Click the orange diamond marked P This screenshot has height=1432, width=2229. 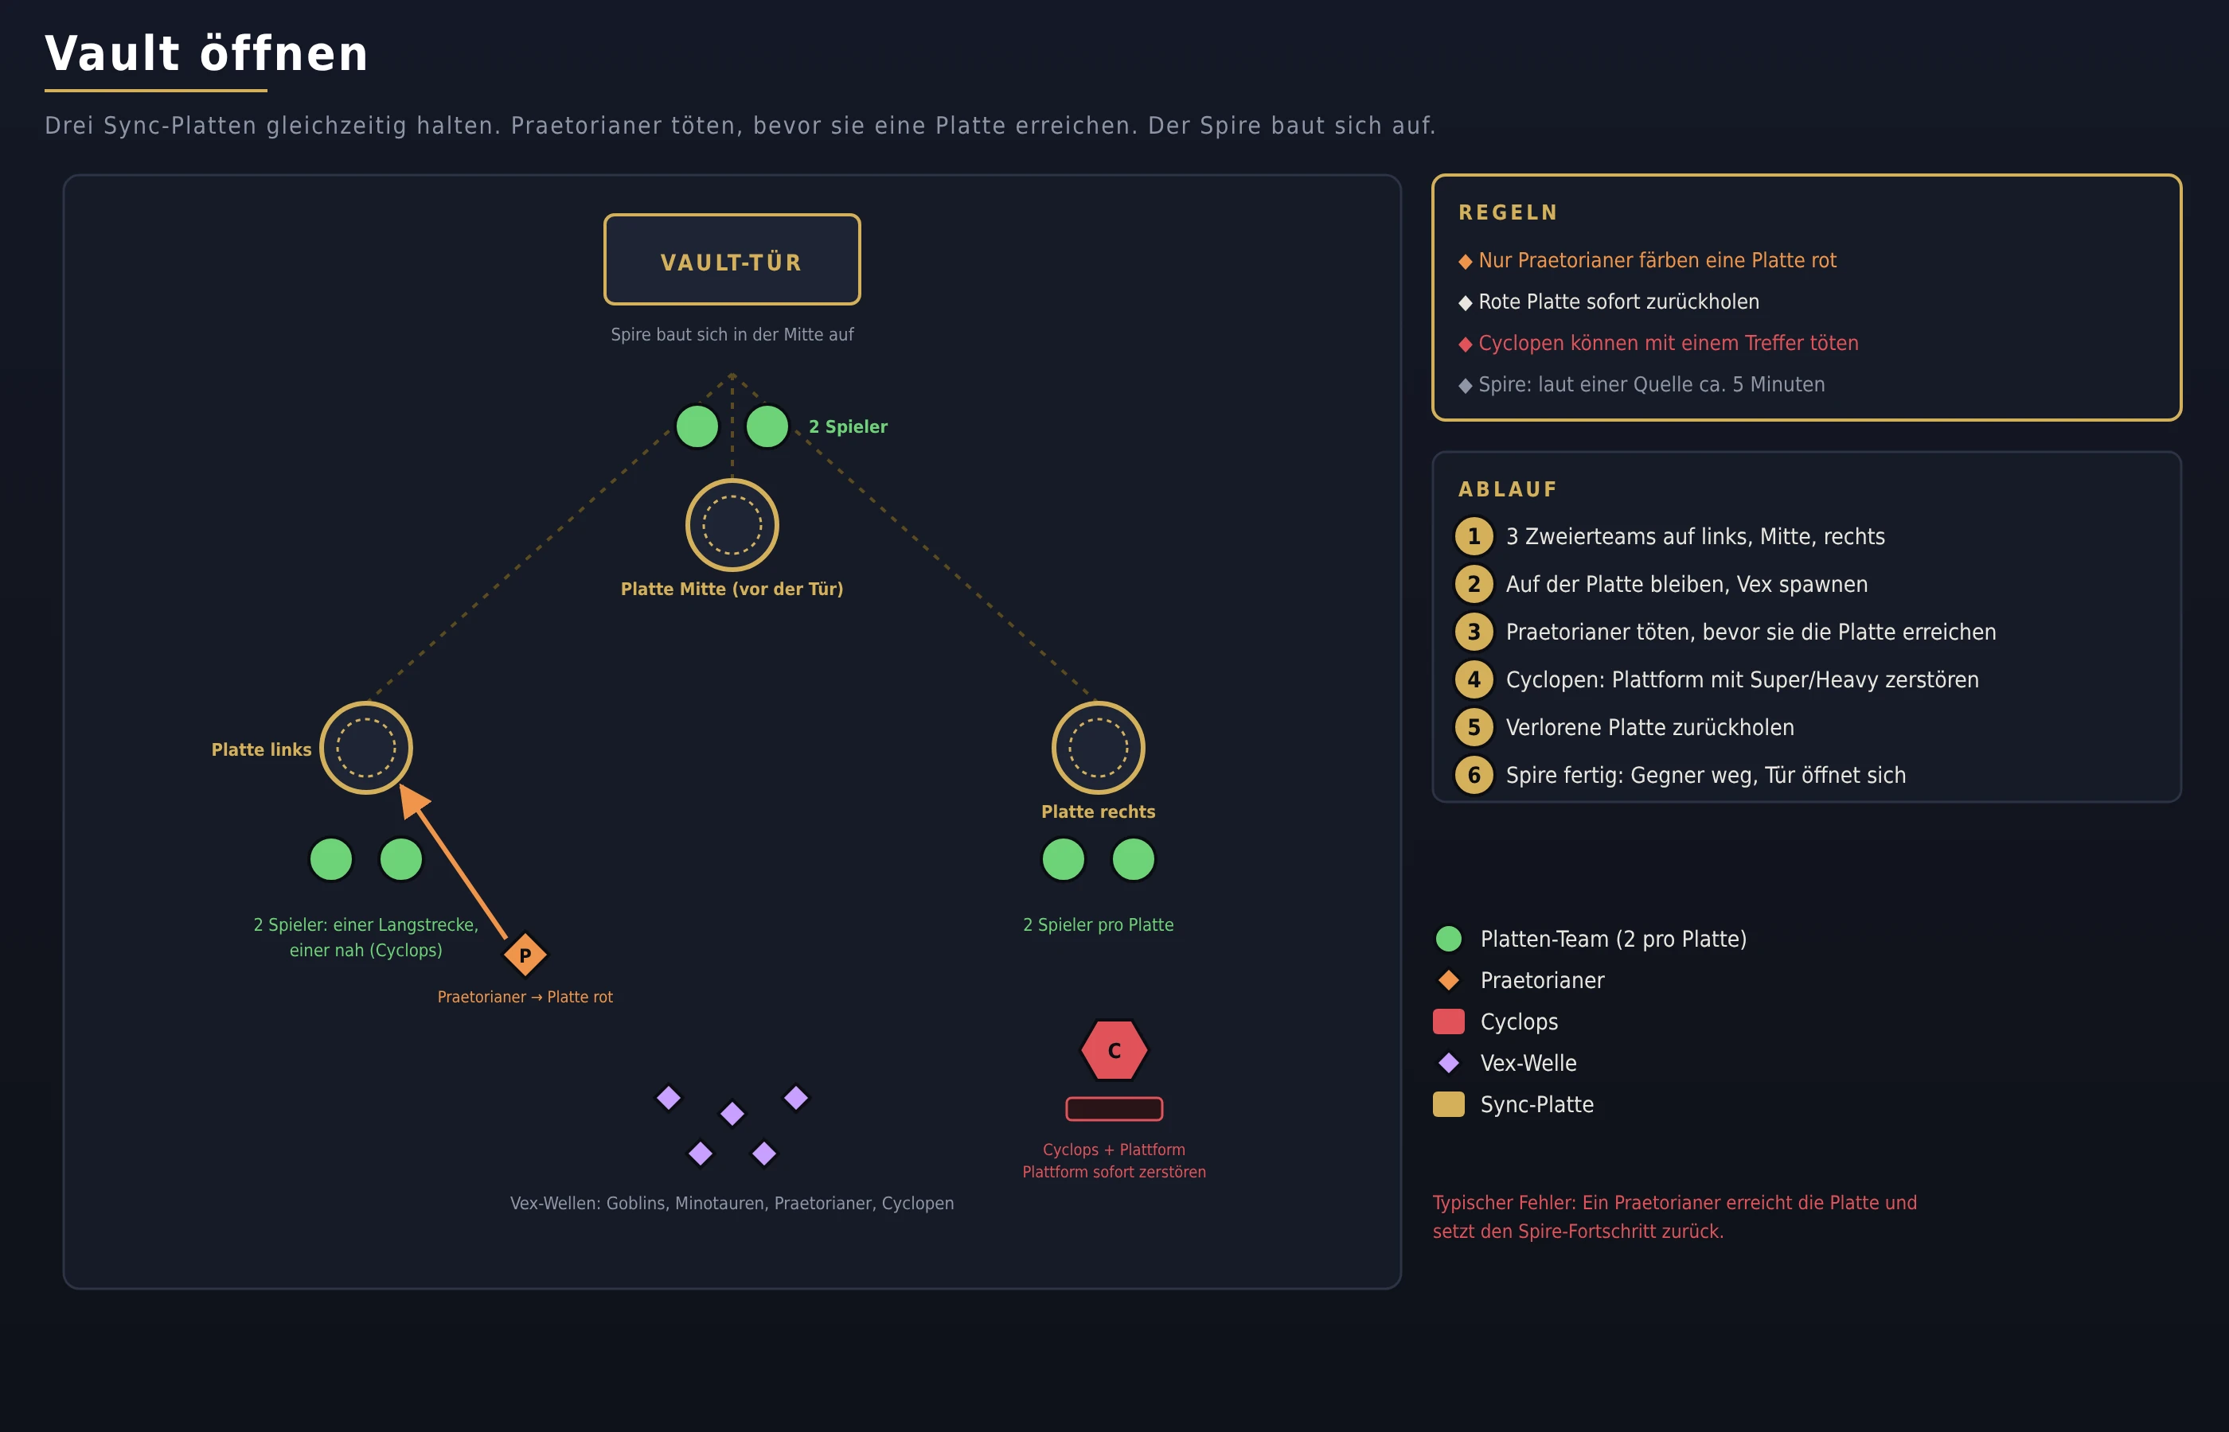[x=525, y=955]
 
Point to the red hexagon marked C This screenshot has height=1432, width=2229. [x=1114, y=1050]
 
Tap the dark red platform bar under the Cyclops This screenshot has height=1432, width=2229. [x=1114, y=1108]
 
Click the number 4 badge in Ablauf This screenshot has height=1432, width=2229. [x=1474, y=679]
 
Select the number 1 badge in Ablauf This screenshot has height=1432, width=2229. [x=1474, y=536]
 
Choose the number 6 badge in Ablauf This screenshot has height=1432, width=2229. [x=1474, y=776]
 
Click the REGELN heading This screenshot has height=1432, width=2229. [x=1508, y=213]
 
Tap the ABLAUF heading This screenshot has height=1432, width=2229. [x=1507, y=489]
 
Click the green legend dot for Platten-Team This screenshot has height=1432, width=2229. [x=1449, y=940]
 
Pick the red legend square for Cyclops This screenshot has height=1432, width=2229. [x=1449, y=1022]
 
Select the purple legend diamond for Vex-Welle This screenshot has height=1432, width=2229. [x=1449, y=1063]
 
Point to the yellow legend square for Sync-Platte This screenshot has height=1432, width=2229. [x=1449, y=1105]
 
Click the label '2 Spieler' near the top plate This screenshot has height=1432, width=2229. [x=848, y=426]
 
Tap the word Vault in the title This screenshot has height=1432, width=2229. [x=112, y=54]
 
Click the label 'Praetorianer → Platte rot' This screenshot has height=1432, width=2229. [x=525, y=997]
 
